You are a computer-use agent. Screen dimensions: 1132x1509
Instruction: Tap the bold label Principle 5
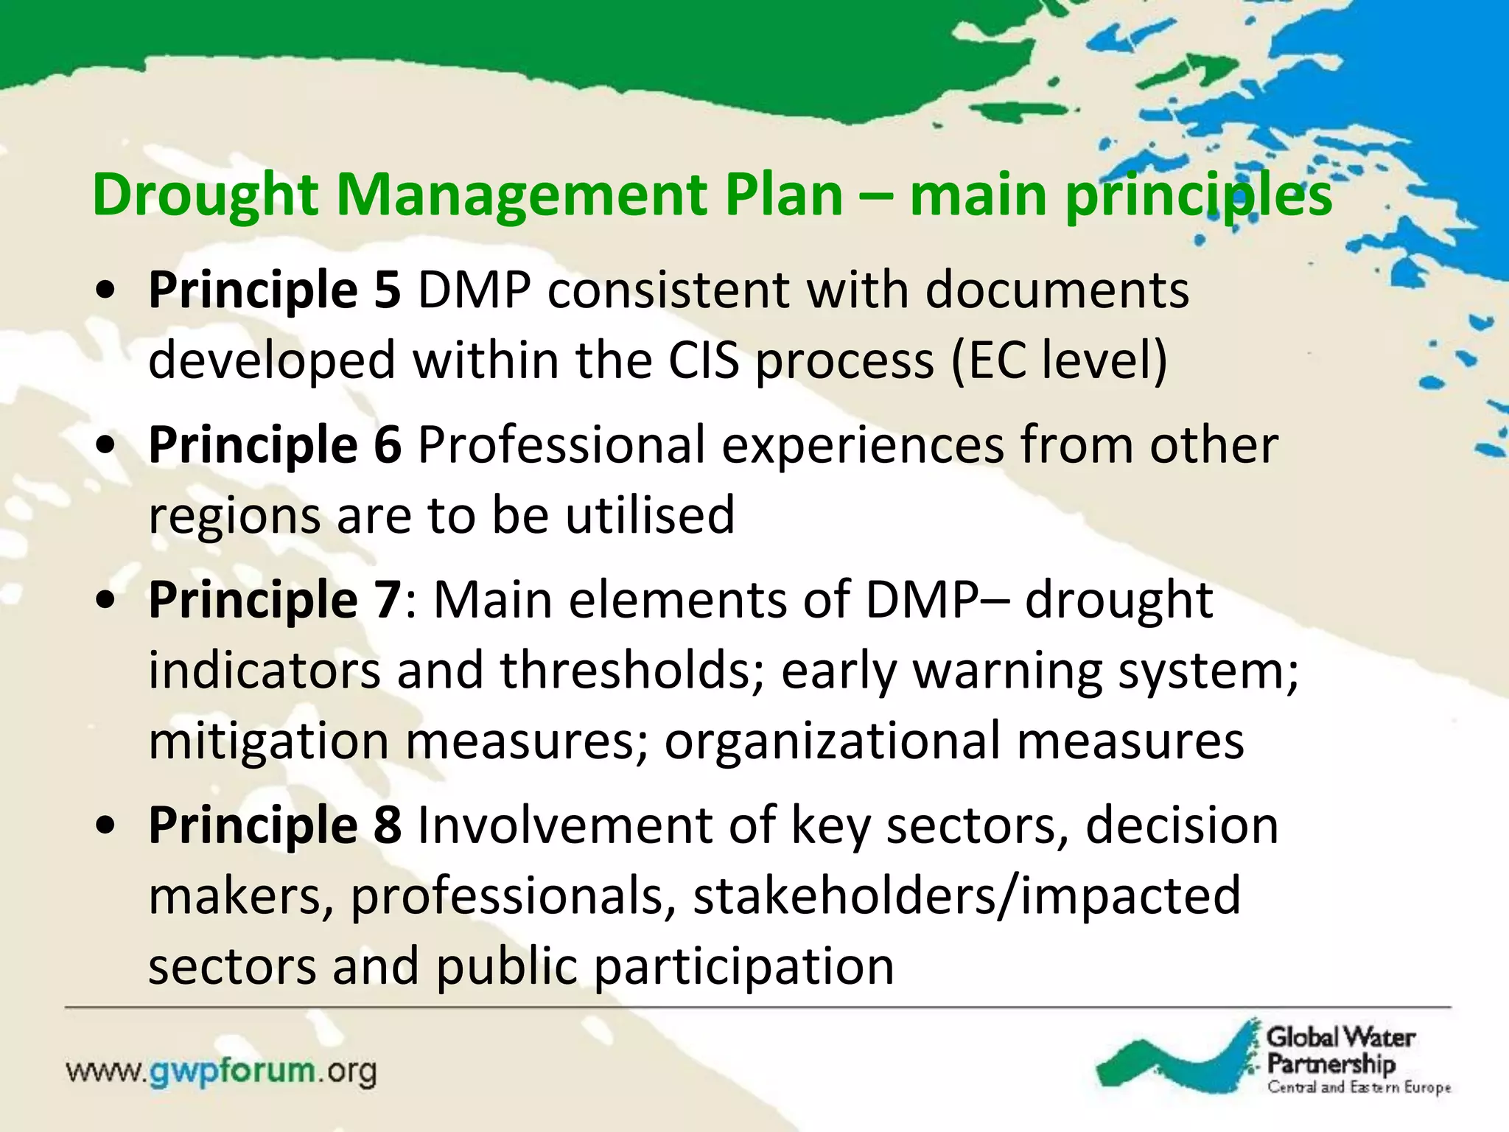click(x=275, y=290)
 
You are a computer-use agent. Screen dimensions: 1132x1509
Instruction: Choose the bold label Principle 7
click(x=275, y=599)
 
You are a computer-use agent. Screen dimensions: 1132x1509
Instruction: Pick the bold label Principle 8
click(x=275, y=825)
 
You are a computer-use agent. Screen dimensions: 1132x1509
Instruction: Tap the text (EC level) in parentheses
click(x=1059, y=360)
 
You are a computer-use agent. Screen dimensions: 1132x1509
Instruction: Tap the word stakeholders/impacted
click(x=967, y=895)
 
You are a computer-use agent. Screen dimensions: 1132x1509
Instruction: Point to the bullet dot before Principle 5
click(x=107, y=291)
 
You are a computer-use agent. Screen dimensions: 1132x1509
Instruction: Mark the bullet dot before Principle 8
click(x=107, y=826)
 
